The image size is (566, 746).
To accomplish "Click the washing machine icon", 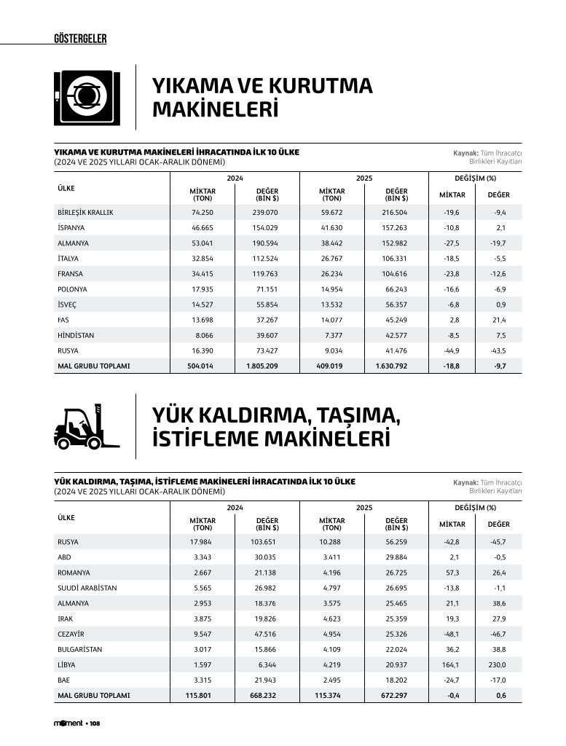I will click(87, 98).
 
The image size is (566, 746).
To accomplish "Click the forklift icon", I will click(85, 428).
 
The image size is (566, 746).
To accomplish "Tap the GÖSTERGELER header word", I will click(80, 39).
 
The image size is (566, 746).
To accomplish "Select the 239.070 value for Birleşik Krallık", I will click(265, 213).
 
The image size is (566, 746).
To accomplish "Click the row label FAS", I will click(63, 320).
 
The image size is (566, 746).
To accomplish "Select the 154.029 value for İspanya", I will click(265, 228).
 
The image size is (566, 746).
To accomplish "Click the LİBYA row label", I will click(66, 665).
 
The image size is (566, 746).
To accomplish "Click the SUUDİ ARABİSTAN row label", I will click(87, 588).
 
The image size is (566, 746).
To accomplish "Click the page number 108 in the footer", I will click(95, 723).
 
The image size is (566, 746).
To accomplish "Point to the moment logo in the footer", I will click(68, 723).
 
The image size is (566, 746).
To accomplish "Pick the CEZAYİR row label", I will click(71, 634).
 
